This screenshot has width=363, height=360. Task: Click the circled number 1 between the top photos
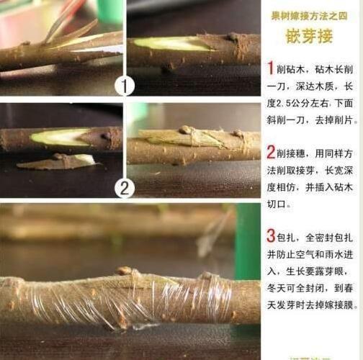[x=125, y=86]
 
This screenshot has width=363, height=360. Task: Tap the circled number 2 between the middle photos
[x=125, y=189]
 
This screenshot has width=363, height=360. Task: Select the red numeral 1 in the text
[x=270, y=68]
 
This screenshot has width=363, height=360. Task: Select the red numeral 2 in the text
[x=270, y=152]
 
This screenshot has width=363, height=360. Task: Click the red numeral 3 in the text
[x=270, y=235]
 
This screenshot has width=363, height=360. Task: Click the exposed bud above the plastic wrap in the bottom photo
[x=125, y=272]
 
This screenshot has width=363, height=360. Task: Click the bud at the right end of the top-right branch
[x=233, y=37]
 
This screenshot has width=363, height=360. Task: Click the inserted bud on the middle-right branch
[x=187, y=131]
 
